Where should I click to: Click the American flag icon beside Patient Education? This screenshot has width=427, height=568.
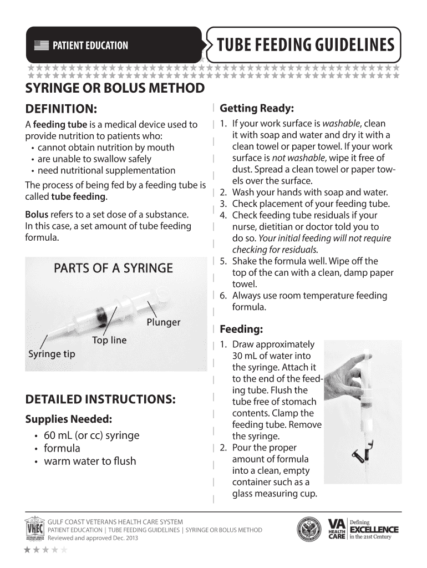click(x=41, y=45)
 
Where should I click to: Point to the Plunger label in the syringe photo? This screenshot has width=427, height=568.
click(x=163, y=322)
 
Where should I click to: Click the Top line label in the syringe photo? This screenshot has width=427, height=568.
click(x=109, y=340)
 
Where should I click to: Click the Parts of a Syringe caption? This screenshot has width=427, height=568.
click(x=113, y=268)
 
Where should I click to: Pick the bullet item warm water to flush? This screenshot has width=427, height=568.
click(x=90, y=461)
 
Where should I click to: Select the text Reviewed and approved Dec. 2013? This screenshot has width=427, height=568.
click(x=93, y=538)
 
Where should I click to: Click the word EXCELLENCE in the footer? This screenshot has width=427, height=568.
click(x=374, y=529)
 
